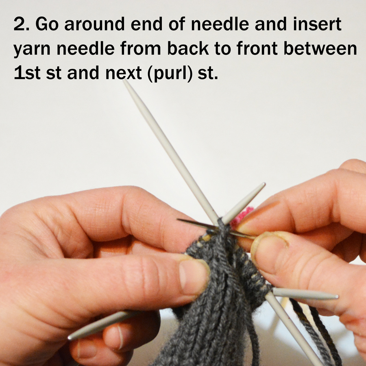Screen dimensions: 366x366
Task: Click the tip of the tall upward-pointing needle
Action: click(125, 81)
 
